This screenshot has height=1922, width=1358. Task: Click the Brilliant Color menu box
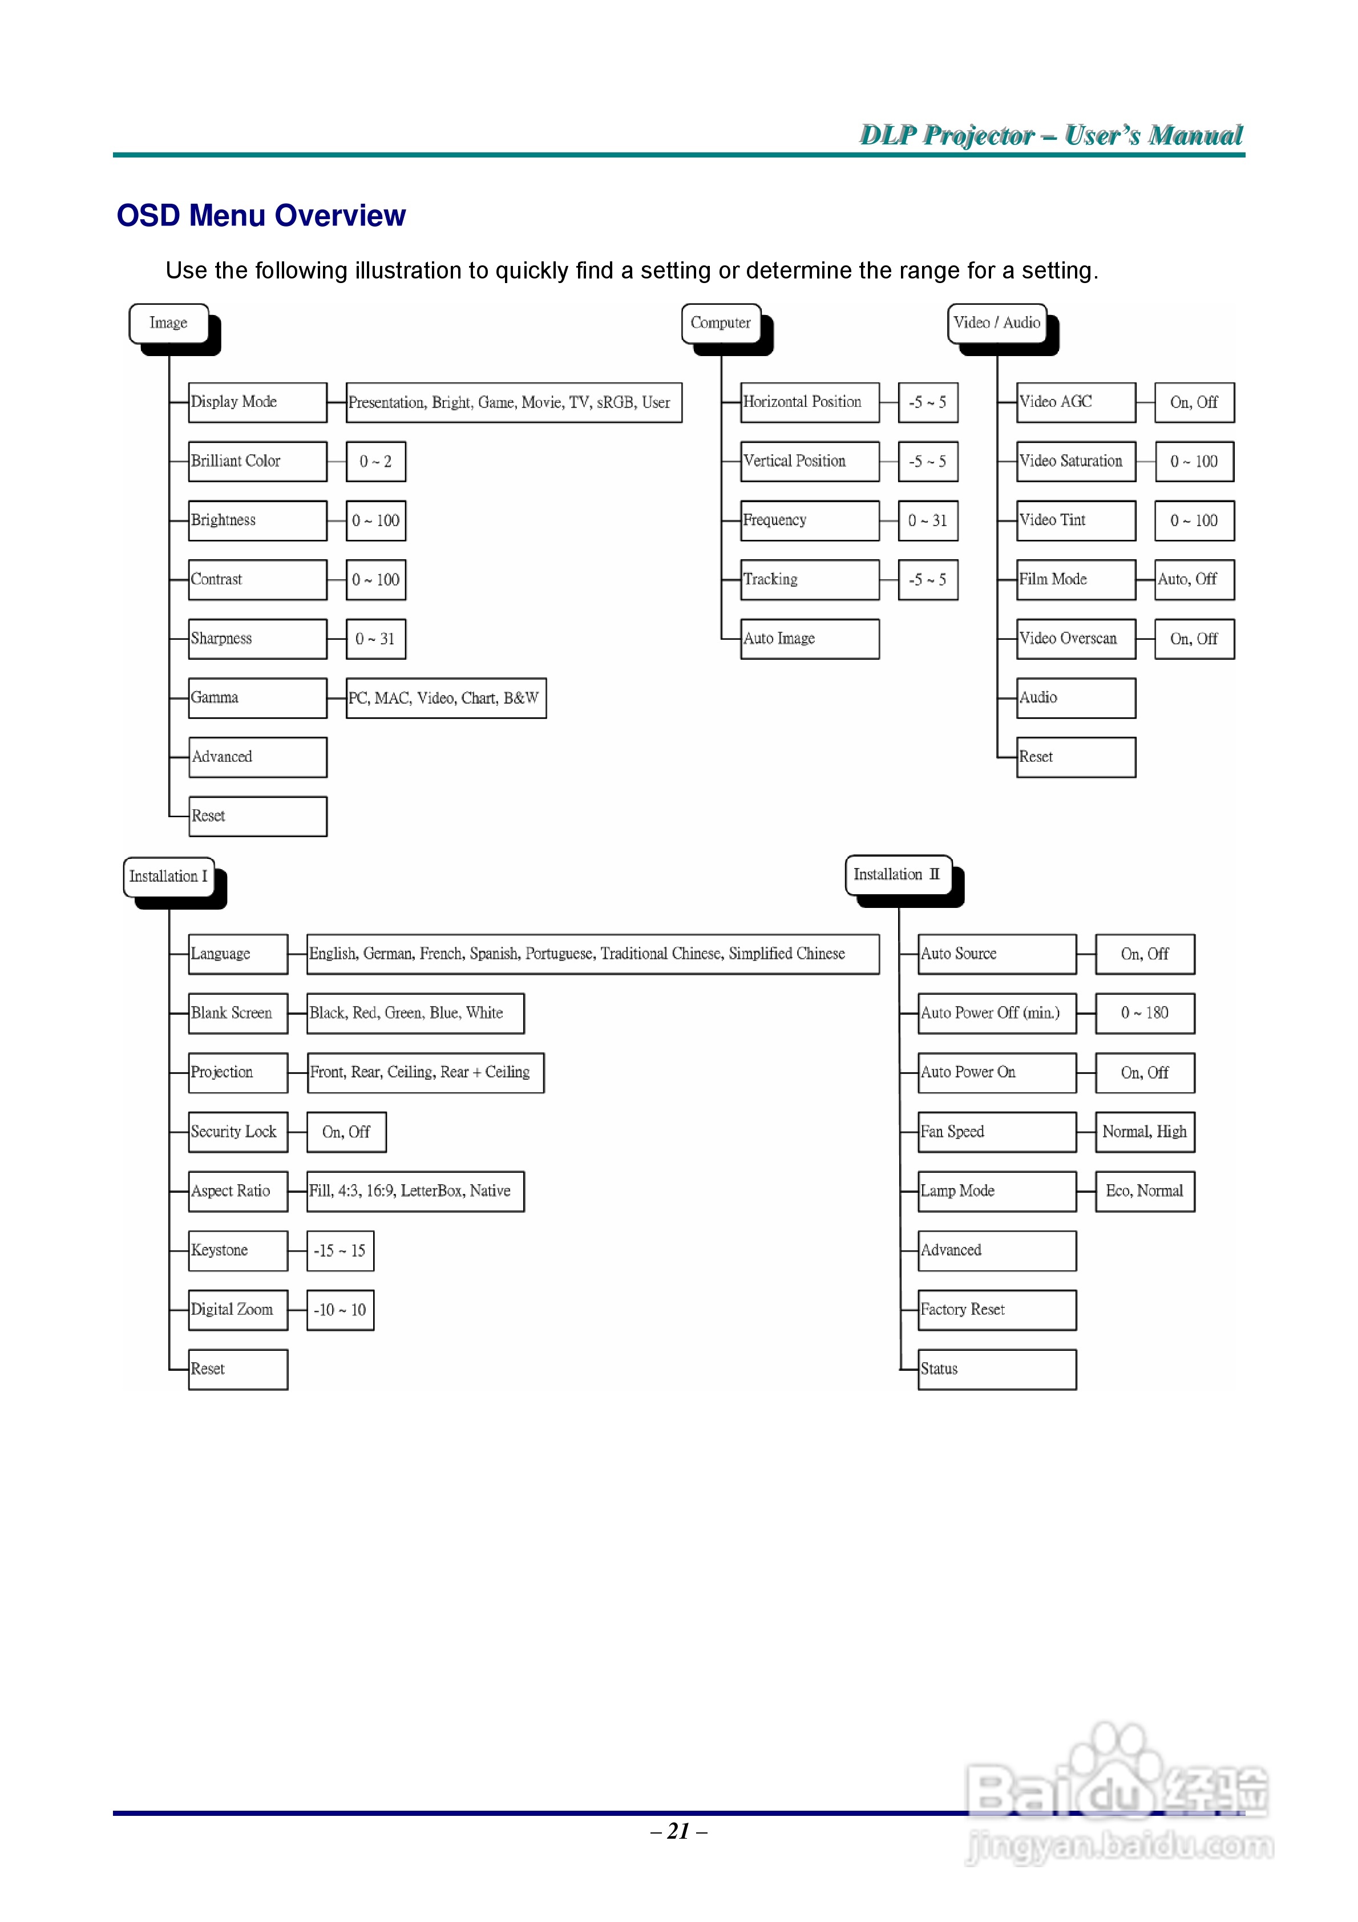coord(257,461)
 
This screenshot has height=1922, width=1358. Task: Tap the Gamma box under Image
coord(257,698)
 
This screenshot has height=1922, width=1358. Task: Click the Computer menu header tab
coord(721,323)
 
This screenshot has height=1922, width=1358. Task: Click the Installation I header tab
coord(168,877)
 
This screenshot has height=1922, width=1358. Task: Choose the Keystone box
coord(238,1251)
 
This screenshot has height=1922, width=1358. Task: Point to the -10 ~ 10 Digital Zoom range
coord(340,1310)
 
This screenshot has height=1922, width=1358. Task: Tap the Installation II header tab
coord(898,875)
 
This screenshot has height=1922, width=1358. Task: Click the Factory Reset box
coord(996,1310)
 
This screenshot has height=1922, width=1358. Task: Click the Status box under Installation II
coord(996,1370)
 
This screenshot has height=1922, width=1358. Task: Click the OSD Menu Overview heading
coord(261,216)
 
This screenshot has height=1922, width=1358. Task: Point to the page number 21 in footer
coord(678,1832)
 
